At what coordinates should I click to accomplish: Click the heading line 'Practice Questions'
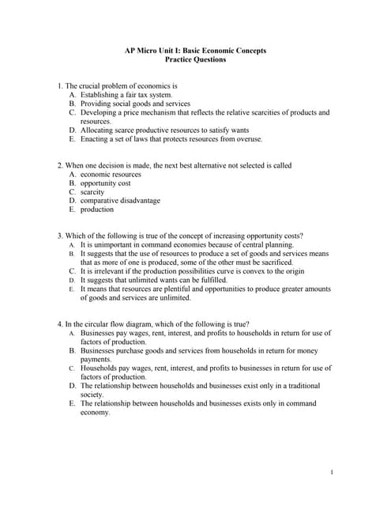pyautogui.click(x=195, y=59)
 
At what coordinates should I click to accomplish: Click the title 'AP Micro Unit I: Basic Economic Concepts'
pyautogui.click(x=195, y=51)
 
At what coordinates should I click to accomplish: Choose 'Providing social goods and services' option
pyautogui.click(x=135, y=104)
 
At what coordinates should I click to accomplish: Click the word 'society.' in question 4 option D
pyautogui.click(x=92, y=395)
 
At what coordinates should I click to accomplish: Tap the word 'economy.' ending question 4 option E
pyautogui.click(x=96, y=412)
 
